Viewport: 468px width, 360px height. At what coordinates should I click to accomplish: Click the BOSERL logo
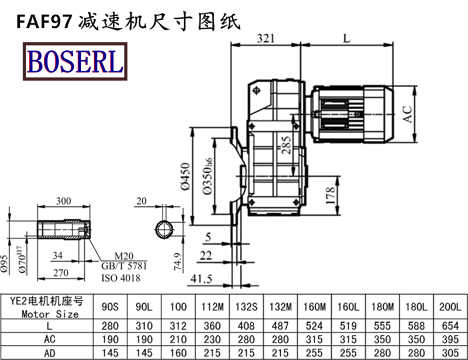[74, 61]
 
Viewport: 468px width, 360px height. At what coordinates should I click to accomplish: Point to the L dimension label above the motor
[346, 39]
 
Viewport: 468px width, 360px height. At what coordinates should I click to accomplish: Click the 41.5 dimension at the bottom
[201, 279]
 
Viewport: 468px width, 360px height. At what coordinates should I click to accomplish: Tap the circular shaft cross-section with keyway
[164, 227]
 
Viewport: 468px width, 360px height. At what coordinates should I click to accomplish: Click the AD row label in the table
[49, 352]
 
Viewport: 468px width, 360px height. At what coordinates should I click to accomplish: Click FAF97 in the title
[44, 22]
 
